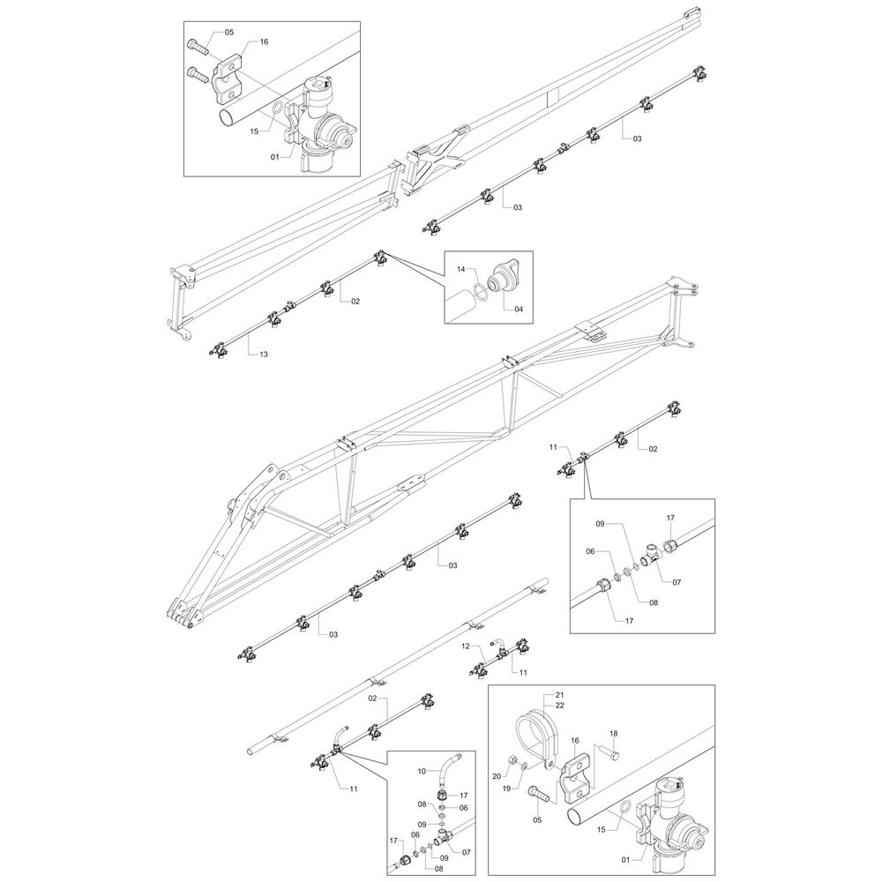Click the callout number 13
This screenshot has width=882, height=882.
[264, 354]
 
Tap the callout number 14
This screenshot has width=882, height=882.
[460, 267]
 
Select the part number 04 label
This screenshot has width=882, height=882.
[519, 309]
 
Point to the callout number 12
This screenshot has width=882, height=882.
[466, 647]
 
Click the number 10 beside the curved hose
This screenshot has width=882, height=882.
[422, 770]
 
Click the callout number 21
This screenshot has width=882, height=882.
[560, 696]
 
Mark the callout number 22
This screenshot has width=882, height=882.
[560, 706]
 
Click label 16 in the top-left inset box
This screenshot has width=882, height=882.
[264, 41]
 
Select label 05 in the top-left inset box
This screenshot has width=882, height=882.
[228, 33]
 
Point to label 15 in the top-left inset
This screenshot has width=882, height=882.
[253, 131]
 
